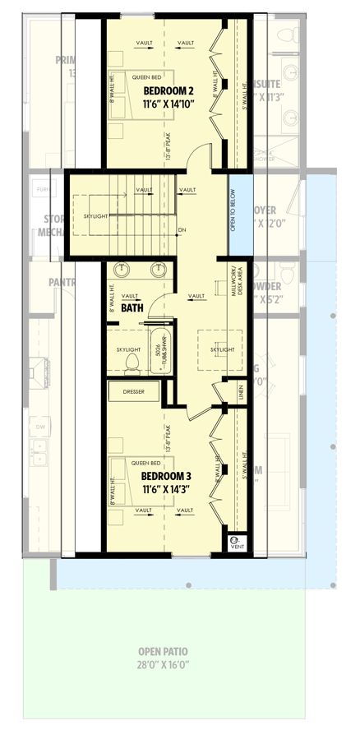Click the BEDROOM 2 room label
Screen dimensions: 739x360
pyautogui.click(x=168, y=90)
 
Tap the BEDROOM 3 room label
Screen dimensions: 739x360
pyautogui.click(x=165, y=476)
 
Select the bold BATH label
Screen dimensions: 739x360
pyautogui.click(x=132, y=307)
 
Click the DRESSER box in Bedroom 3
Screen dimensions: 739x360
pyautogui.click(x=133, y=392)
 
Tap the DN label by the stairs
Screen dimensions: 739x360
pyautogui.click(x=182, y=230)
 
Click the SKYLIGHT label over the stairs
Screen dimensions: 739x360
pyautogui.click(x=95, y=215)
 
